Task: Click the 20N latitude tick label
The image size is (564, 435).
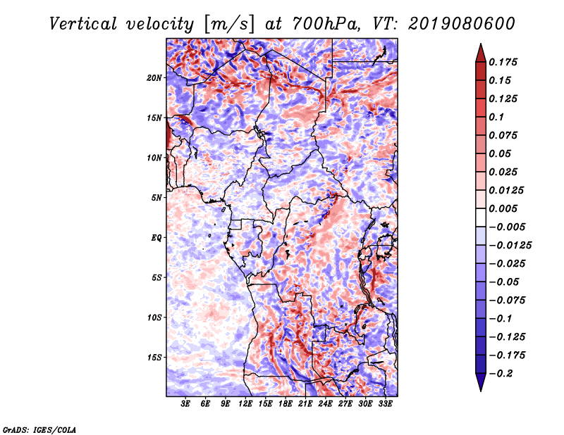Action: [x=154, y=77]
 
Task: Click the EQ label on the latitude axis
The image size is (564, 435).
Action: [x=157, y=237]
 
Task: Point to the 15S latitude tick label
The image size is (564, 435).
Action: [x=154, y=358]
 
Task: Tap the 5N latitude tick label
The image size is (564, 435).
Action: [x=157, y=198]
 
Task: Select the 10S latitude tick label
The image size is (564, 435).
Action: [x=154, y=317]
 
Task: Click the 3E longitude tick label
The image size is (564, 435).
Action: [x=185, y=405]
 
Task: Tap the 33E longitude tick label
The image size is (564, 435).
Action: [x=386, y=405]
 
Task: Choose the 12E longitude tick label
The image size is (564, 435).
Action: [x=245, y=405]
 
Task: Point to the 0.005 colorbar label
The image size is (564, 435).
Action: [x=507, y=208]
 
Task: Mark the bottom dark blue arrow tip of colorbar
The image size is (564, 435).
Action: [x=480, y=388]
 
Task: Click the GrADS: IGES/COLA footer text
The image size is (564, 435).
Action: [x=39, y=429]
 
